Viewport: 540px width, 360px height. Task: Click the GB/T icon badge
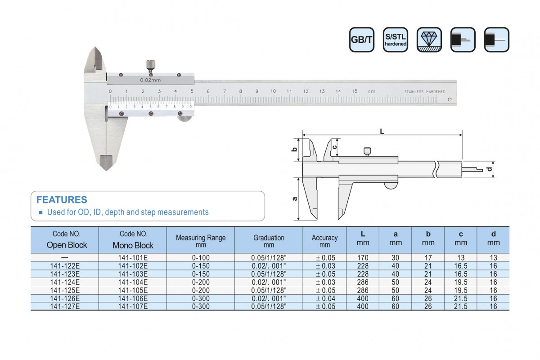pos(361,40)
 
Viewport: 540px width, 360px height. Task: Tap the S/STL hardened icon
pos(396,40)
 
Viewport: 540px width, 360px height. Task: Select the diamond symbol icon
pos(429,40)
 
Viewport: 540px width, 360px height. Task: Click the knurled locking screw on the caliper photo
pos(149,66)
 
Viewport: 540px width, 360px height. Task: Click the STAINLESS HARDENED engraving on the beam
pos(425,92)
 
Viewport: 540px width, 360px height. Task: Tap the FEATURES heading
pos(62,200)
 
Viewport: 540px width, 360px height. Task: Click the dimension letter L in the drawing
pos(382,131)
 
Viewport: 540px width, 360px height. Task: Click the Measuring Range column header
pos(200,241)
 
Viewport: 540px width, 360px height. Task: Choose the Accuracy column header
pos(324,241)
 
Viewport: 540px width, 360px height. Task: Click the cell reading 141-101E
pos(133,258)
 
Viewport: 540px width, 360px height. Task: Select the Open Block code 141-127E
pos(65,306)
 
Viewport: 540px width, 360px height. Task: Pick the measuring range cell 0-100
pos(200,258)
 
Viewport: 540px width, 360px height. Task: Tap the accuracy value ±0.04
pos(324,298)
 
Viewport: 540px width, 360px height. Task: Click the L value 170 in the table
pos(363,258)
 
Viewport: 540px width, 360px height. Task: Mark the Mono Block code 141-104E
pos(133,282)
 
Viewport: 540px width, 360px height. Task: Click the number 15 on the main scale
pos(355,91)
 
